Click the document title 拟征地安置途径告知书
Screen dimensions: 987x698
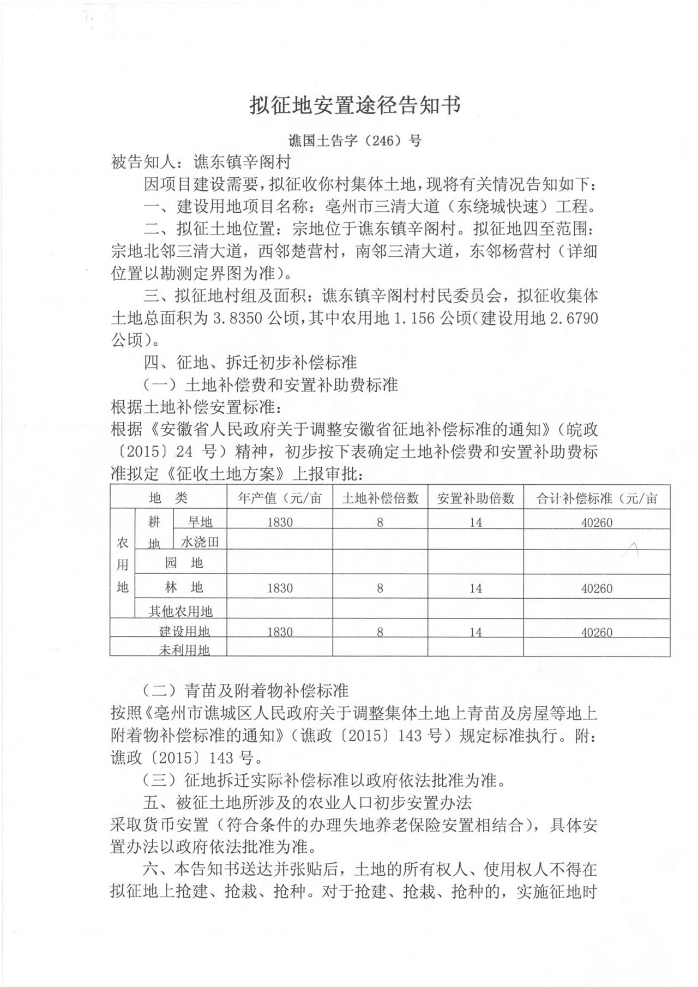coord(355,105)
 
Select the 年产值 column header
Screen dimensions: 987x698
coord(280,498)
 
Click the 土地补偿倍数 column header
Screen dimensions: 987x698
coord(380,498)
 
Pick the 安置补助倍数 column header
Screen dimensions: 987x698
coord(476,498)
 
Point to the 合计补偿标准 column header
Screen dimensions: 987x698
coord(597,498)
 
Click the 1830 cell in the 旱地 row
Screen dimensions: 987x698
coord(280,522)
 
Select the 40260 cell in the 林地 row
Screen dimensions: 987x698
coord(597,588)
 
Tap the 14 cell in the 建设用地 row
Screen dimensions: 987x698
coord(476,632)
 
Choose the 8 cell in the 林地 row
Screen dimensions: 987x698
coord(380,588)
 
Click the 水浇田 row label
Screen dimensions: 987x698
coord(200,541)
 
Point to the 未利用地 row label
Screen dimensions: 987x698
coord(184,649)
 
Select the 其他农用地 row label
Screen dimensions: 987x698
coord(180,611)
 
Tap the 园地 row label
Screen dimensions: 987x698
coord(184,563)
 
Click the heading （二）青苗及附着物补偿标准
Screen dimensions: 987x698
coord(245,691)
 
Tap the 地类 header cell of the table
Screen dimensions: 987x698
coord(168,498)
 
